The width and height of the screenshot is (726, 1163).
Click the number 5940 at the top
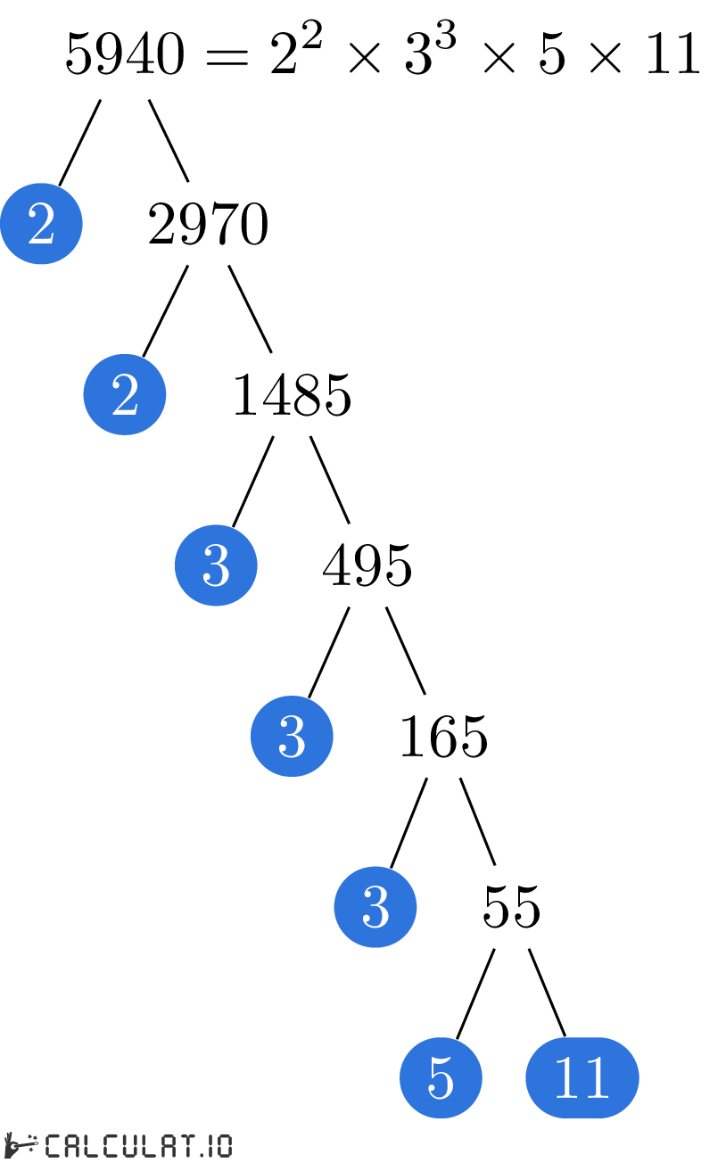click(x=125, y=56)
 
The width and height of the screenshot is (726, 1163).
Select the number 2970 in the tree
click(x=208, y=226)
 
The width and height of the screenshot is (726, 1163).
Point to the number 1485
click(x=292, y=396)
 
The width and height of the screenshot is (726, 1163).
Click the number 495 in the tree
click(x=367, y=566)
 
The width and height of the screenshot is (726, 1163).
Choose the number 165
click(x=443, y=738)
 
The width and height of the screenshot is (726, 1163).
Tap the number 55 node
click(x=512, y=908)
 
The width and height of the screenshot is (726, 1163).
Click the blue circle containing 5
click(x=441, y=1078)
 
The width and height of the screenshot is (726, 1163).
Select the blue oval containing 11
click(x=582, y=1078)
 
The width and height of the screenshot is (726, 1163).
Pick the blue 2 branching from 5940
click(x=41, y=225)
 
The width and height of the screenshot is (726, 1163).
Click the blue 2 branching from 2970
click(x=125, y=395)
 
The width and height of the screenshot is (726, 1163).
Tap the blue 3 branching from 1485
click(x=216, y=565)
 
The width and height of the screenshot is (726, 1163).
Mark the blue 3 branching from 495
click(x=292, y=737)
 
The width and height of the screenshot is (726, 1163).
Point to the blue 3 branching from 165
click(x=375, y=907)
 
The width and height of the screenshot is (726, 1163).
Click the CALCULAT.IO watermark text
click(x=137, y=1145)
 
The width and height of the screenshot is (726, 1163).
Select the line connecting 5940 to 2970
click(x=169, y=140)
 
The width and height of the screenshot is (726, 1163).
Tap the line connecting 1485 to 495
click(x=329, y=480)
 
